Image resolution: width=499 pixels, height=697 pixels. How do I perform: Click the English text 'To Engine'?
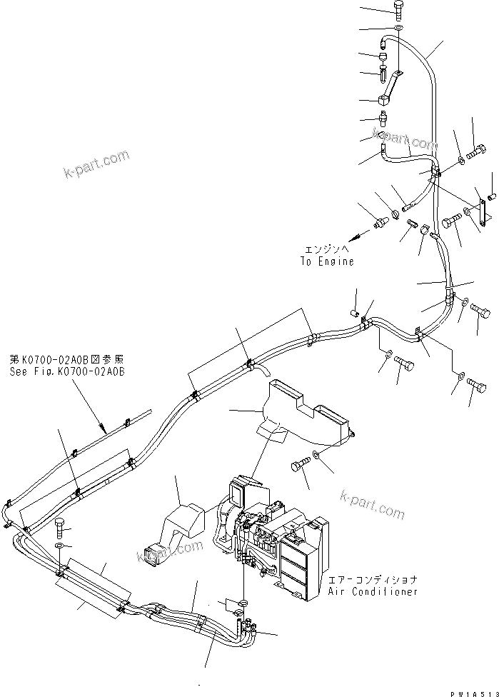(x=326, y=261)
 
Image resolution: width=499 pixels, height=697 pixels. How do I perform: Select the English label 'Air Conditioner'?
(x=373, y=592)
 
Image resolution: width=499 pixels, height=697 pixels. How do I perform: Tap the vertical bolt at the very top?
(x=399, y=10)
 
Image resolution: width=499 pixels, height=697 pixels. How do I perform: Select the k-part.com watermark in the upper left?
(x=96, y=166)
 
